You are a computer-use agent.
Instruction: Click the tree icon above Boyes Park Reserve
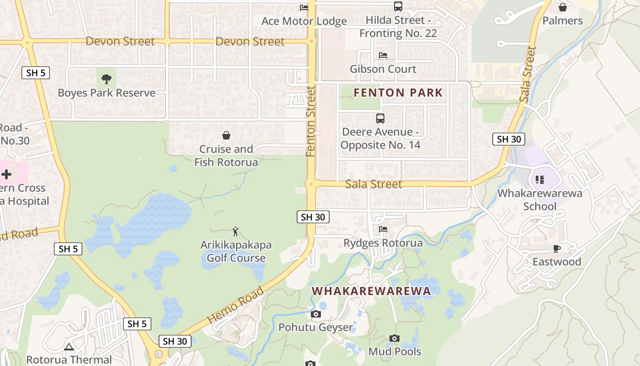click(107, 79)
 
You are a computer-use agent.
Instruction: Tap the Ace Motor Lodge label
click(304, 21)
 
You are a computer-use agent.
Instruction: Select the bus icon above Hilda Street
click(398, 6)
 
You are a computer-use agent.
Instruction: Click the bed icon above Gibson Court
click(383, 55)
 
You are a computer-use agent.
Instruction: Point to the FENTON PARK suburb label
click(398, 93)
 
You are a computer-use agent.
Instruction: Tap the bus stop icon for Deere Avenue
click(380, 118)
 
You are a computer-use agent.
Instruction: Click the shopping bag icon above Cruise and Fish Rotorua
click(226, 135)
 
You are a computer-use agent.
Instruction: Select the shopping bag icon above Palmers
click(563, 7)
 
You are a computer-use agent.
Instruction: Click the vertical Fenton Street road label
click(311, 121)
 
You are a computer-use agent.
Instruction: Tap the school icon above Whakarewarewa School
click(540, 180)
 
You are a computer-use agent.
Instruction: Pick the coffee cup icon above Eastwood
click(556, 248)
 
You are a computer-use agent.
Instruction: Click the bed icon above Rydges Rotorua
click(383, 229)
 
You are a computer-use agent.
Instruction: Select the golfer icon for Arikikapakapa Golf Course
click(235, 231)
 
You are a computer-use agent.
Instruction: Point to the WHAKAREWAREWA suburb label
click(371, 291)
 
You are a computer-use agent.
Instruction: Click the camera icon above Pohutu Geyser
click(315, 314)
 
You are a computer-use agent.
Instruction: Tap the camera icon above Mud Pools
click(395, 339)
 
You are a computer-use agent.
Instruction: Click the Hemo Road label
click(236, 305)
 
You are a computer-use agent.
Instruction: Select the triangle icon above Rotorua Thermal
click(69, 347)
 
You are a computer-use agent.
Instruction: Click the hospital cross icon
click(6, 174)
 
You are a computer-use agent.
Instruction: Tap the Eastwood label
click(557, 262)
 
